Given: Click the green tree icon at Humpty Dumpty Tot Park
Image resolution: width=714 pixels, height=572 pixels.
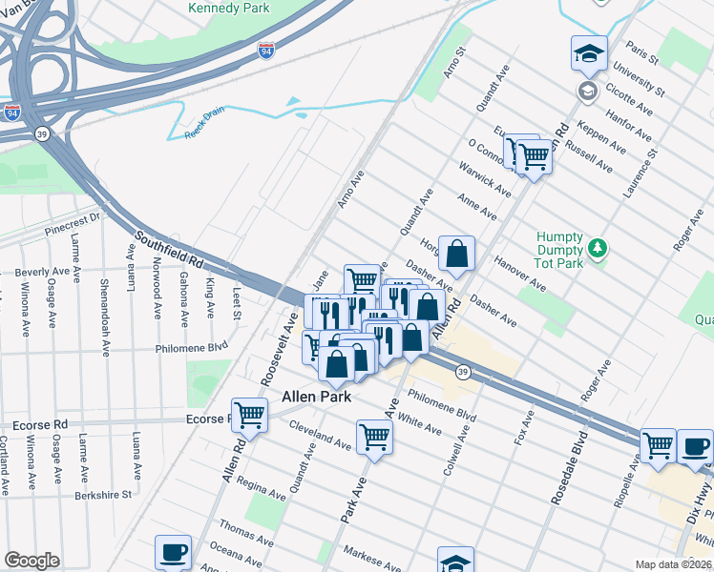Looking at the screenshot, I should (598, 248).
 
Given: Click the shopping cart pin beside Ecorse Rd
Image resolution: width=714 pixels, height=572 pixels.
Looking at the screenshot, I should (248, 416).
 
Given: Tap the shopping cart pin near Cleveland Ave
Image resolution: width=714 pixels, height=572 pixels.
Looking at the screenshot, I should (374, 438).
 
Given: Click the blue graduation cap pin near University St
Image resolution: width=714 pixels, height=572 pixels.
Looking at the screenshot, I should (589, 53).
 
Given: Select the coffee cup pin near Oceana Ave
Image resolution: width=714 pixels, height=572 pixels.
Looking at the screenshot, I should (174, 552).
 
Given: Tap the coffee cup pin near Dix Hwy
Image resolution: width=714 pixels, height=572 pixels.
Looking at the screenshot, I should (695, 446).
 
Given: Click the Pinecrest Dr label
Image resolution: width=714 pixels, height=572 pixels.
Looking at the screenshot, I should (72, 225).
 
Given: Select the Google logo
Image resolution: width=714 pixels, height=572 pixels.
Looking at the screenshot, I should (31, 561).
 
